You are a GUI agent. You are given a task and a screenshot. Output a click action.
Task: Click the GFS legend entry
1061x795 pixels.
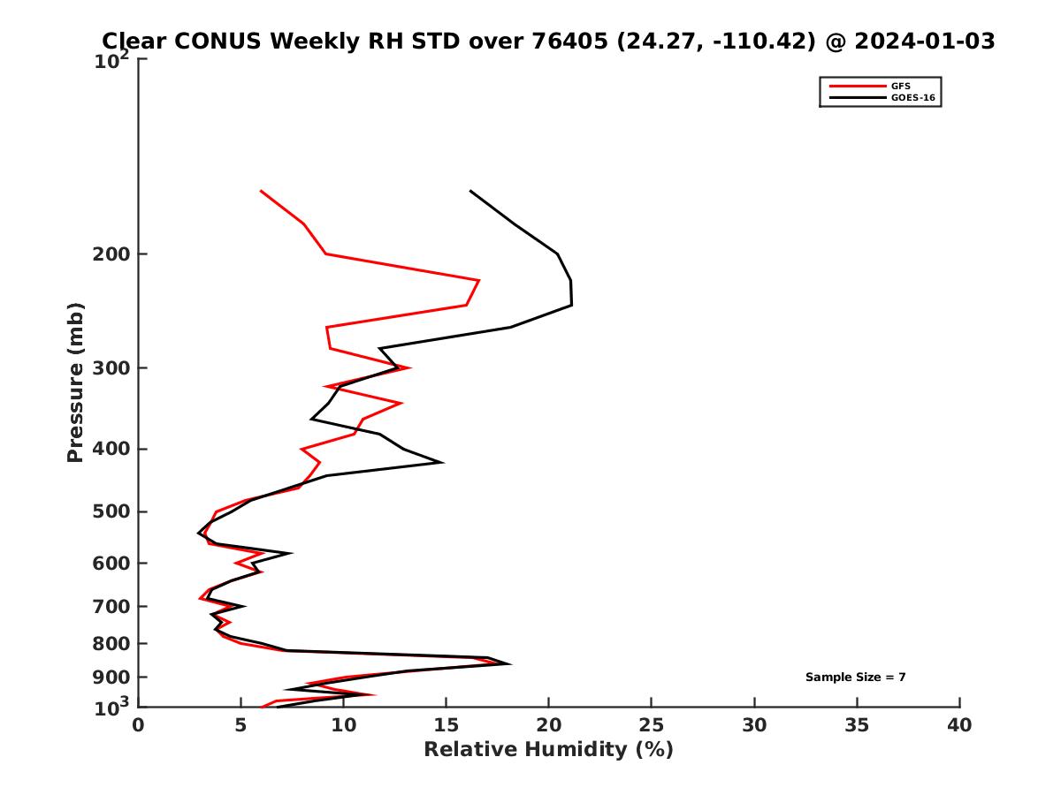(901, 86)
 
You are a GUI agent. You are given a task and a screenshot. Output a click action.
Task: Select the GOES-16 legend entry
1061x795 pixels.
(912, 98)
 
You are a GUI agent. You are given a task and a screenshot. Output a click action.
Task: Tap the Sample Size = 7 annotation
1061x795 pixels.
(855, 678)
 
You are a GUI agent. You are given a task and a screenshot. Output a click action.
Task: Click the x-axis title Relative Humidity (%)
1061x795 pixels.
(548, 750)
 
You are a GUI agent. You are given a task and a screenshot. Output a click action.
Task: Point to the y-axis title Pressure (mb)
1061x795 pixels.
(75, 382)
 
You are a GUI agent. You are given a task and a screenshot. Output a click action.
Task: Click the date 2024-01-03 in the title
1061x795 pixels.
(910, 41)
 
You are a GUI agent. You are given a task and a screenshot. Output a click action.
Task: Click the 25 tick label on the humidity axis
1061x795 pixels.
(652, 726)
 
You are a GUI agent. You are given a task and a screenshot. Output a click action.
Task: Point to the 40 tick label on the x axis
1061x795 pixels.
(959, 726)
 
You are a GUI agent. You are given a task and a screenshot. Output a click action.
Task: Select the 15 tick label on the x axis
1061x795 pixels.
(446, 726)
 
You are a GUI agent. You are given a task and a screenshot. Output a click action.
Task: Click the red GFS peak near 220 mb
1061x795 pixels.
(479, 281)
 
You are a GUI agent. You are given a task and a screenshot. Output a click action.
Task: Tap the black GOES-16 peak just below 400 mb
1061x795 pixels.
(441, 462)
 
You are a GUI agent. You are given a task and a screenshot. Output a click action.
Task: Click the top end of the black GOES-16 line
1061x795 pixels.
(469, 191)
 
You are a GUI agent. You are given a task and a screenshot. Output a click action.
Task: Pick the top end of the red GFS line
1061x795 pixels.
(261, 191)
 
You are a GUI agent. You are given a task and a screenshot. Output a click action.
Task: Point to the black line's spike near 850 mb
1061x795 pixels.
(509, 663)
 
